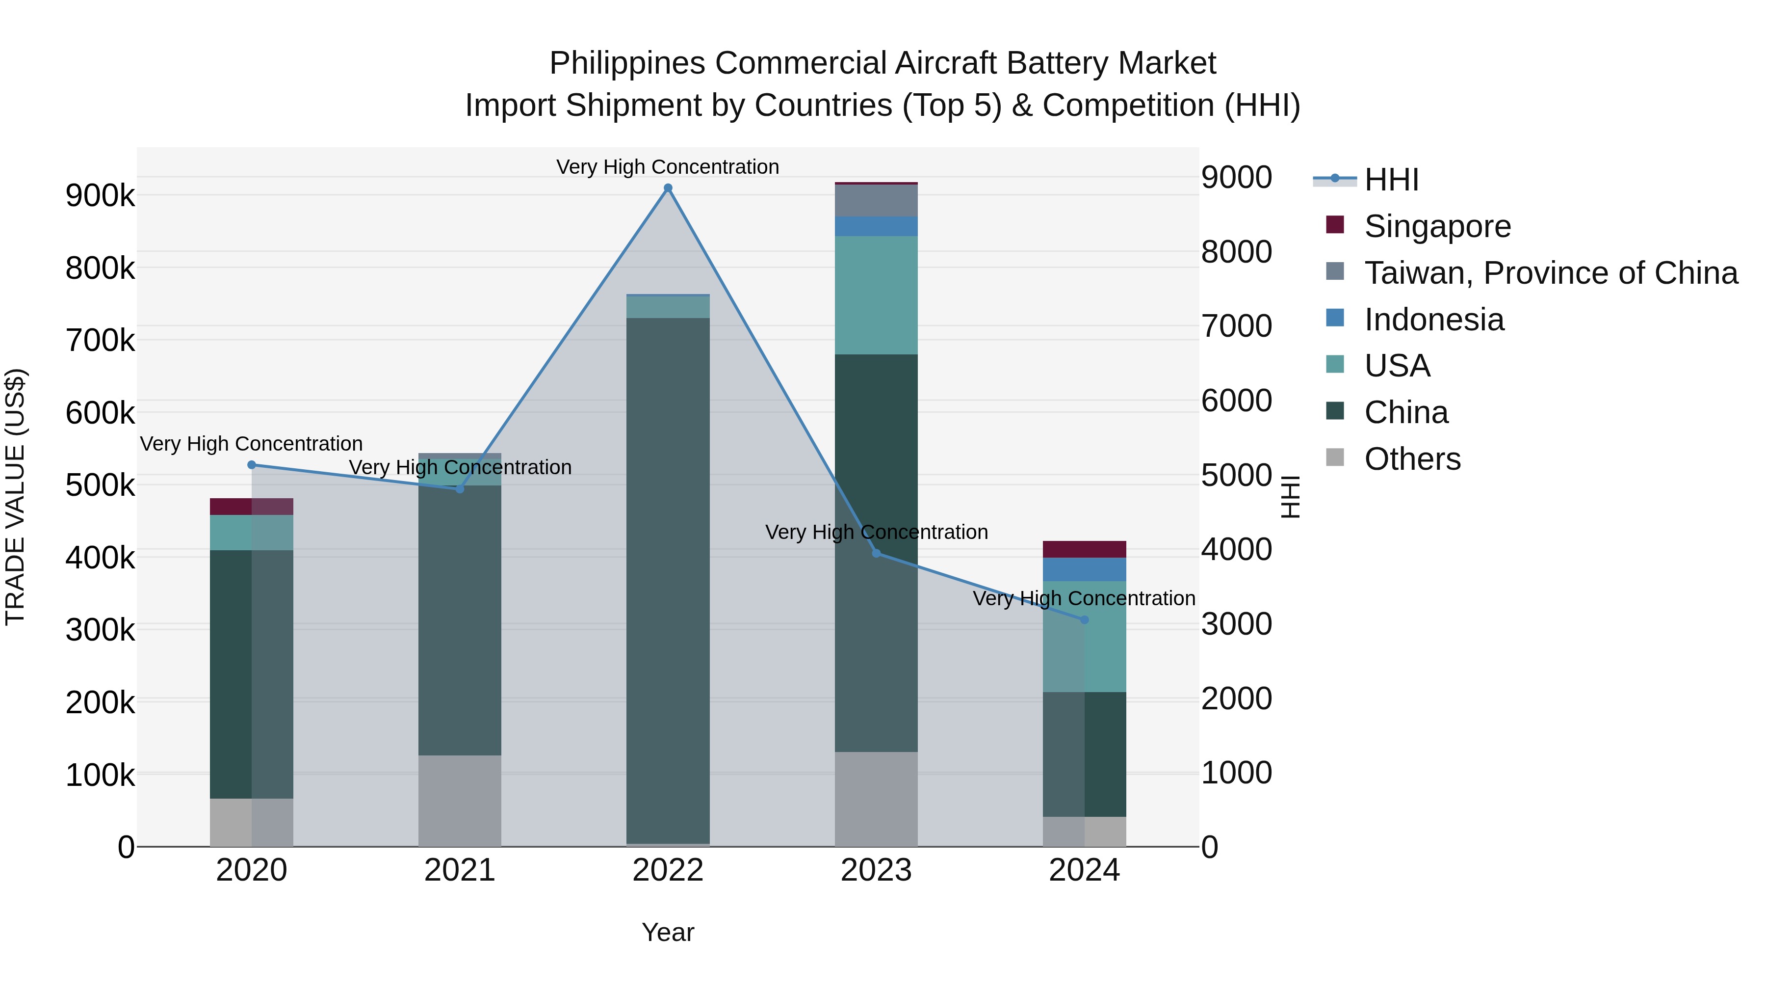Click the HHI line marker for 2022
coord(668,188)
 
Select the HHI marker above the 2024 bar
coord(1084,620)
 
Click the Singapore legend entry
coord(1437,226)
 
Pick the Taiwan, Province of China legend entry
coord(1550,273)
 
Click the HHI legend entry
coord(1391,180)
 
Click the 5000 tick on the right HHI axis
coord(1236,475)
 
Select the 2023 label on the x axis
coord(876,870)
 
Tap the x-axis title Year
coord(668,932)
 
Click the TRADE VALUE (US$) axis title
coord(16,497)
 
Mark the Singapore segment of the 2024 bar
coord(1084,549)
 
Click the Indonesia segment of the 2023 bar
coord(876,226)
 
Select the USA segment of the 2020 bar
coord(252,532)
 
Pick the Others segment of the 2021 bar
coord(459,801)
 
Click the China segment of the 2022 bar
coord(668,580)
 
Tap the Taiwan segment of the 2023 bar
coord(876,200)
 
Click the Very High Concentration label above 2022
coord(668,167)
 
